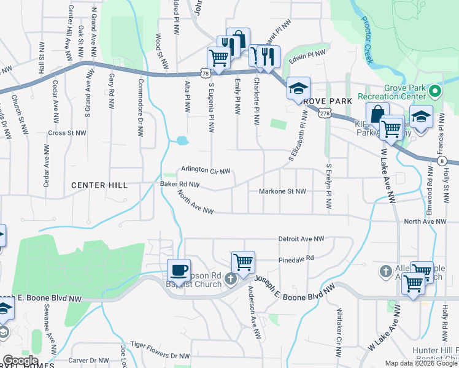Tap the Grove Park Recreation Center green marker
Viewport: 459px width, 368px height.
(436, 92)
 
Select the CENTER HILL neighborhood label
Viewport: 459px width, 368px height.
(99, 185)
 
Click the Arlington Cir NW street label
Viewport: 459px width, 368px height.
(206, 171)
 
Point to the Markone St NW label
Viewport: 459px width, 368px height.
(282, 191)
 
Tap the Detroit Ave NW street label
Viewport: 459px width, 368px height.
(301, 239)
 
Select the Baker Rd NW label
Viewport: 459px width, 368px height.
(179, 183)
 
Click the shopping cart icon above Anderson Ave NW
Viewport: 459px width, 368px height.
(244, 263)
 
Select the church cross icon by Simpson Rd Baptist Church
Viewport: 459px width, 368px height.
(231, 280)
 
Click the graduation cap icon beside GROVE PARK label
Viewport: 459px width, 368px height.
(298, 89)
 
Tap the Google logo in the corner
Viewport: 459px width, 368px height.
(20, 361)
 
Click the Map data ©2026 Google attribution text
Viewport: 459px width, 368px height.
(420, 363)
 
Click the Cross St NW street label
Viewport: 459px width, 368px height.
(67, 132)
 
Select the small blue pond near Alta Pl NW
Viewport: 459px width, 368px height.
(182, 140)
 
